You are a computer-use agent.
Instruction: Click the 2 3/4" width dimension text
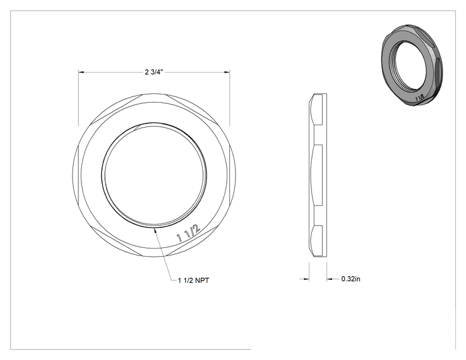[154, 72]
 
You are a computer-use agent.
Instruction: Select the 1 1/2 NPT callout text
[194, 280]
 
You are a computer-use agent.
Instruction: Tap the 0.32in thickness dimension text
[351, 279]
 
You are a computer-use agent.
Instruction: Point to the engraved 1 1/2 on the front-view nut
[189, 233]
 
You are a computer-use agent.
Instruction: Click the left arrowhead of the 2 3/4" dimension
[81, 72]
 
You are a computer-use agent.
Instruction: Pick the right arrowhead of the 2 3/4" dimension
[227, 72]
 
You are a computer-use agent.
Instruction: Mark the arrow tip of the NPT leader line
[153, 229]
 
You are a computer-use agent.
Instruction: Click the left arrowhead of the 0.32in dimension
[306, 279]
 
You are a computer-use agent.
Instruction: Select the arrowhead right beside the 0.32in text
[329, 279]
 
